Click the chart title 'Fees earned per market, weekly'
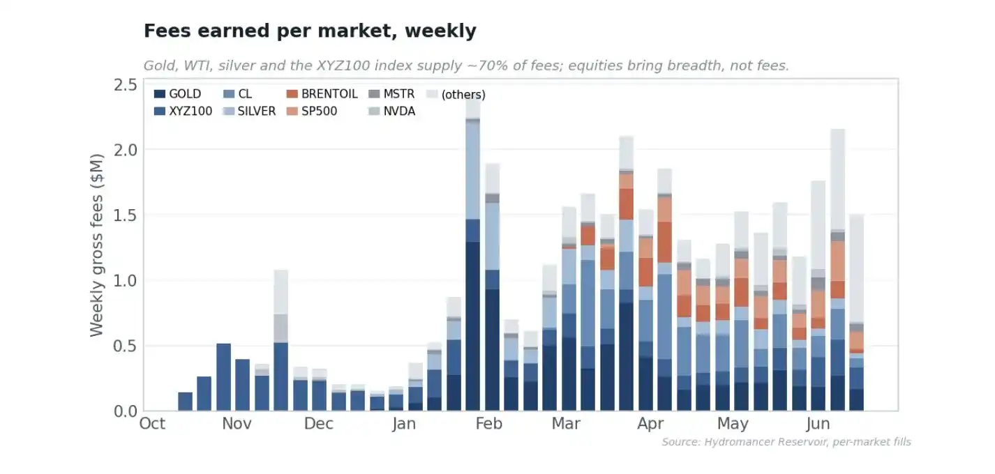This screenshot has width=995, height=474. (x=310, y=31)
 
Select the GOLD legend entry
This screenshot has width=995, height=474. (x=178, y=94)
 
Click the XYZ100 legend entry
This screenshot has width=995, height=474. (x=183, y=111)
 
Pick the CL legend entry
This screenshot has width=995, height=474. (x=238, y=94)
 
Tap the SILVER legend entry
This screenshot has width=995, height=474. (x=250, y=111)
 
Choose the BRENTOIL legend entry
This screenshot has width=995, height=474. (x=322, y=94)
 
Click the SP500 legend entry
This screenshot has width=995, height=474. (x=312, y=111)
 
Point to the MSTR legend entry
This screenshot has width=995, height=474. (x=391, y=94)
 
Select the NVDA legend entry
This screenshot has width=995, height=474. (x=391, y=111)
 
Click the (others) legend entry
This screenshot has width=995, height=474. (x=456, y=95)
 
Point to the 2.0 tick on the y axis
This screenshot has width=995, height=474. (x=126, y=150)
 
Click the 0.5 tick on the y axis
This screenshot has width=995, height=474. (x=126, y=346)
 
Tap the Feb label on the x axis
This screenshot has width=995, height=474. (x=488, y=423)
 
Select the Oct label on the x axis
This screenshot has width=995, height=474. (x=152, y=423)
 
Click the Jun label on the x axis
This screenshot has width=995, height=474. (x=818, y=423)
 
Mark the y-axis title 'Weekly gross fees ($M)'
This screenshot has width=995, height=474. (x=97, y=245)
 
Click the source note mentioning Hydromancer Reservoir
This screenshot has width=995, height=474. (x=786, y=442)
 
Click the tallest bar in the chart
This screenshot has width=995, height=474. (x=473, y=255)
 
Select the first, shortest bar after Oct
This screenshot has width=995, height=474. (x=185, y=402)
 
